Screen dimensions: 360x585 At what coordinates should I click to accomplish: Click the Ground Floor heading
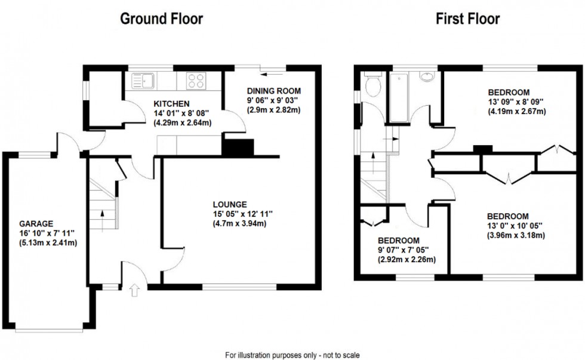click(161, 19)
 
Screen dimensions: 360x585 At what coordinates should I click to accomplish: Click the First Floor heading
click(467, 19)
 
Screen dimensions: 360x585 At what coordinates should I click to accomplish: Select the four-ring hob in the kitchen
click(196, 81)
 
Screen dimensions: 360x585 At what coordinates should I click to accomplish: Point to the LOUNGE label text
click(229, 204)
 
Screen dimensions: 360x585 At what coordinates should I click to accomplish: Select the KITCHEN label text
click(171, 103)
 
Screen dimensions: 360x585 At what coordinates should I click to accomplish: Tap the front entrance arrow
click(134, 291)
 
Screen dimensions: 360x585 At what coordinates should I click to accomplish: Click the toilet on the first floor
click(373, 87)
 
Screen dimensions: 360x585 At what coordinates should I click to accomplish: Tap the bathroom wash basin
click(427, 77)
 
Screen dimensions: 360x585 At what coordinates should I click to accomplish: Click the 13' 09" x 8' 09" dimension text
click(509, 102)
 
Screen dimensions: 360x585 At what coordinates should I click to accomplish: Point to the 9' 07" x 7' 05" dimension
click(400, 250)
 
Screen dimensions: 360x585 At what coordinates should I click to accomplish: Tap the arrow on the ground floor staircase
click(102, 213)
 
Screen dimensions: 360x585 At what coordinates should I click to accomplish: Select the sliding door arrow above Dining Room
click(275, 73)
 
